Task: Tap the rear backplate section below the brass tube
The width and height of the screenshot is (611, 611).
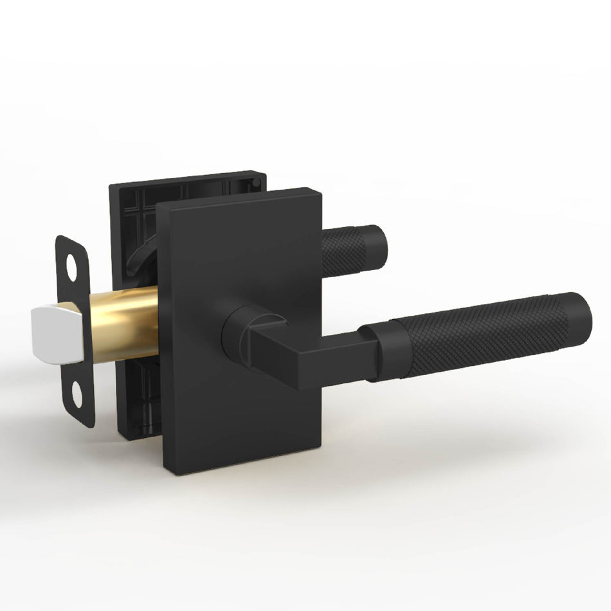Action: [x=138, y=399]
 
